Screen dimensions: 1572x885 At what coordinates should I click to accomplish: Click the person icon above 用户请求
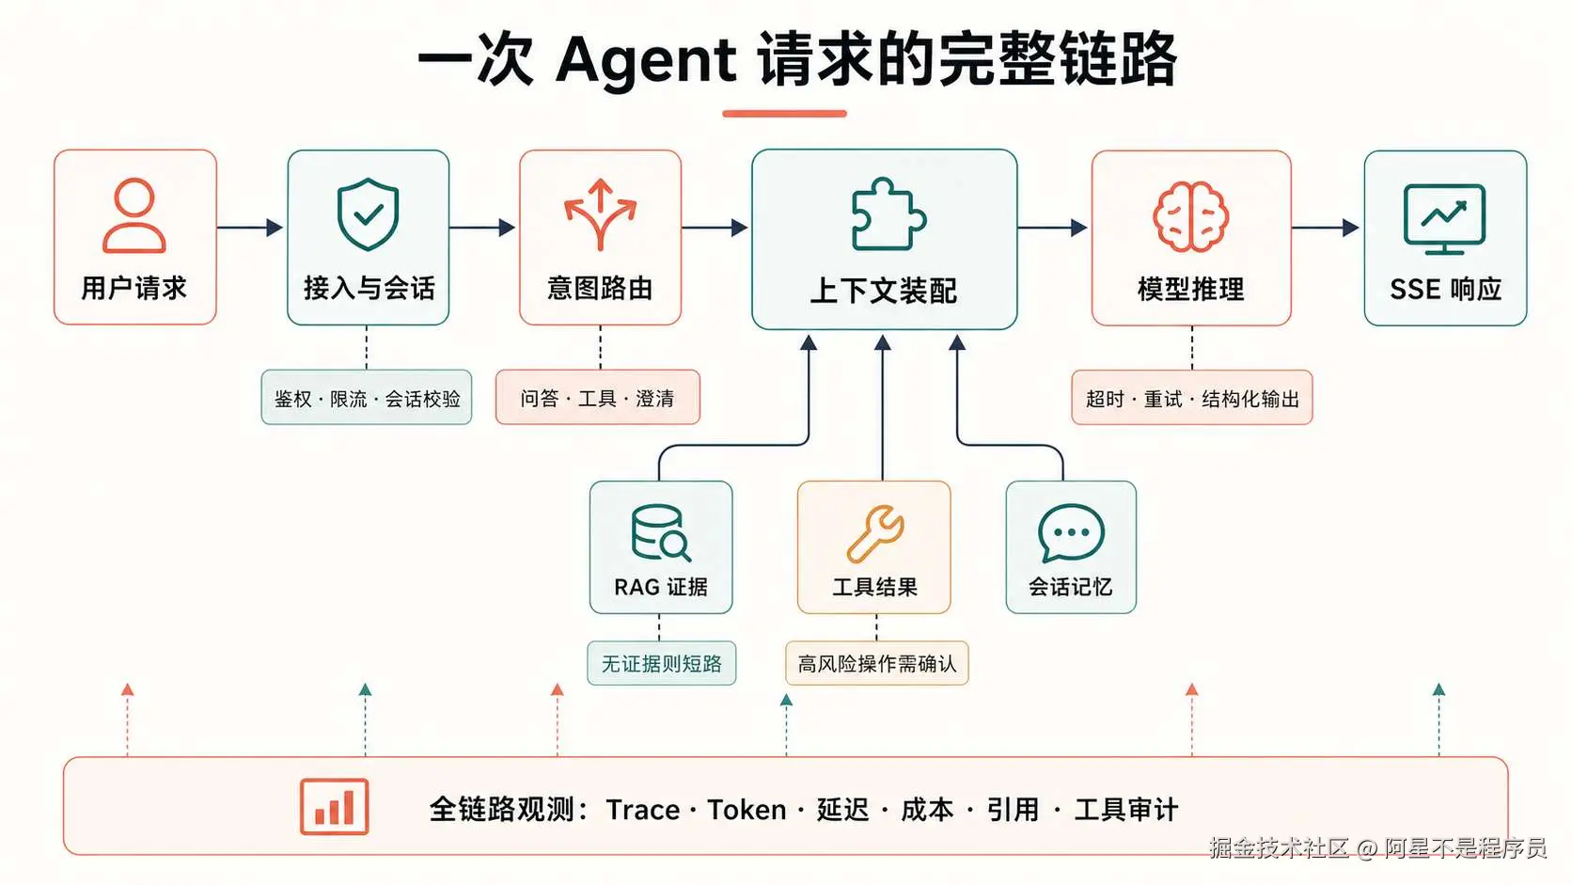pos(134,215)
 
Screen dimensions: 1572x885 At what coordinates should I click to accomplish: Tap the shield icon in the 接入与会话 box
pos(368,214)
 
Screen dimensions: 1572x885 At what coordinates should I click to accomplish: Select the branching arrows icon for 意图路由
pos(600,214)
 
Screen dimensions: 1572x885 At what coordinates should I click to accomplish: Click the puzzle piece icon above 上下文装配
pos(888,214)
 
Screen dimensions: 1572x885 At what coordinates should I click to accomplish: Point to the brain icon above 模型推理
pos(1191,216)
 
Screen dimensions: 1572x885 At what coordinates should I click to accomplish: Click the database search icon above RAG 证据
pos(660,532)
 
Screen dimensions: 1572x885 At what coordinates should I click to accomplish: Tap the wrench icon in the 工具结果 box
pos(874,533)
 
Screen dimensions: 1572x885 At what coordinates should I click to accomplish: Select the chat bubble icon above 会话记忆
pos(1071,532)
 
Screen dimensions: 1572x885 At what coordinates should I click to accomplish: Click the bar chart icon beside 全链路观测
pos(334,806)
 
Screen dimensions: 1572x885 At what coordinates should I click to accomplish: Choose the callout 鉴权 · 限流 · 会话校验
pos(367,397)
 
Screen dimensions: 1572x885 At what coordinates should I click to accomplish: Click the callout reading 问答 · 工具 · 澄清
pos(598,397)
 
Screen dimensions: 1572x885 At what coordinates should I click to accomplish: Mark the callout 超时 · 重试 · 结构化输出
pos(1191,398)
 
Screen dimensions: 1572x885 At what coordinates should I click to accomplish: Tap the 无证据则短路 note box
pos(661,663)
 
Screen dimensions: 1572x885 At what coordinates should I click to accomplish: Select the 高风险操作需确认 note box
pos(876,663)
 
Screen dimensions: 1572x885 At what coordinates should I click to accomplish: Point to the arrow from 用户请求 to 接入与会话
pos(250,228)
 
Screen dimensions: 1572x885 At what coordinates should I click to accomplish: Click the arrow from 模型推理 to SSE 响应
pos(1326,228)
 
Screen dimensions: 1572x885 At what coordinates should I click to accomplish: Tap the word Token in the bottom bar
pos(747,810)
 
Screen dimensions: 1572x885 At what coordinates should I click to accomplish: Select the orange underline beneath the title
pos(785,113)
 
